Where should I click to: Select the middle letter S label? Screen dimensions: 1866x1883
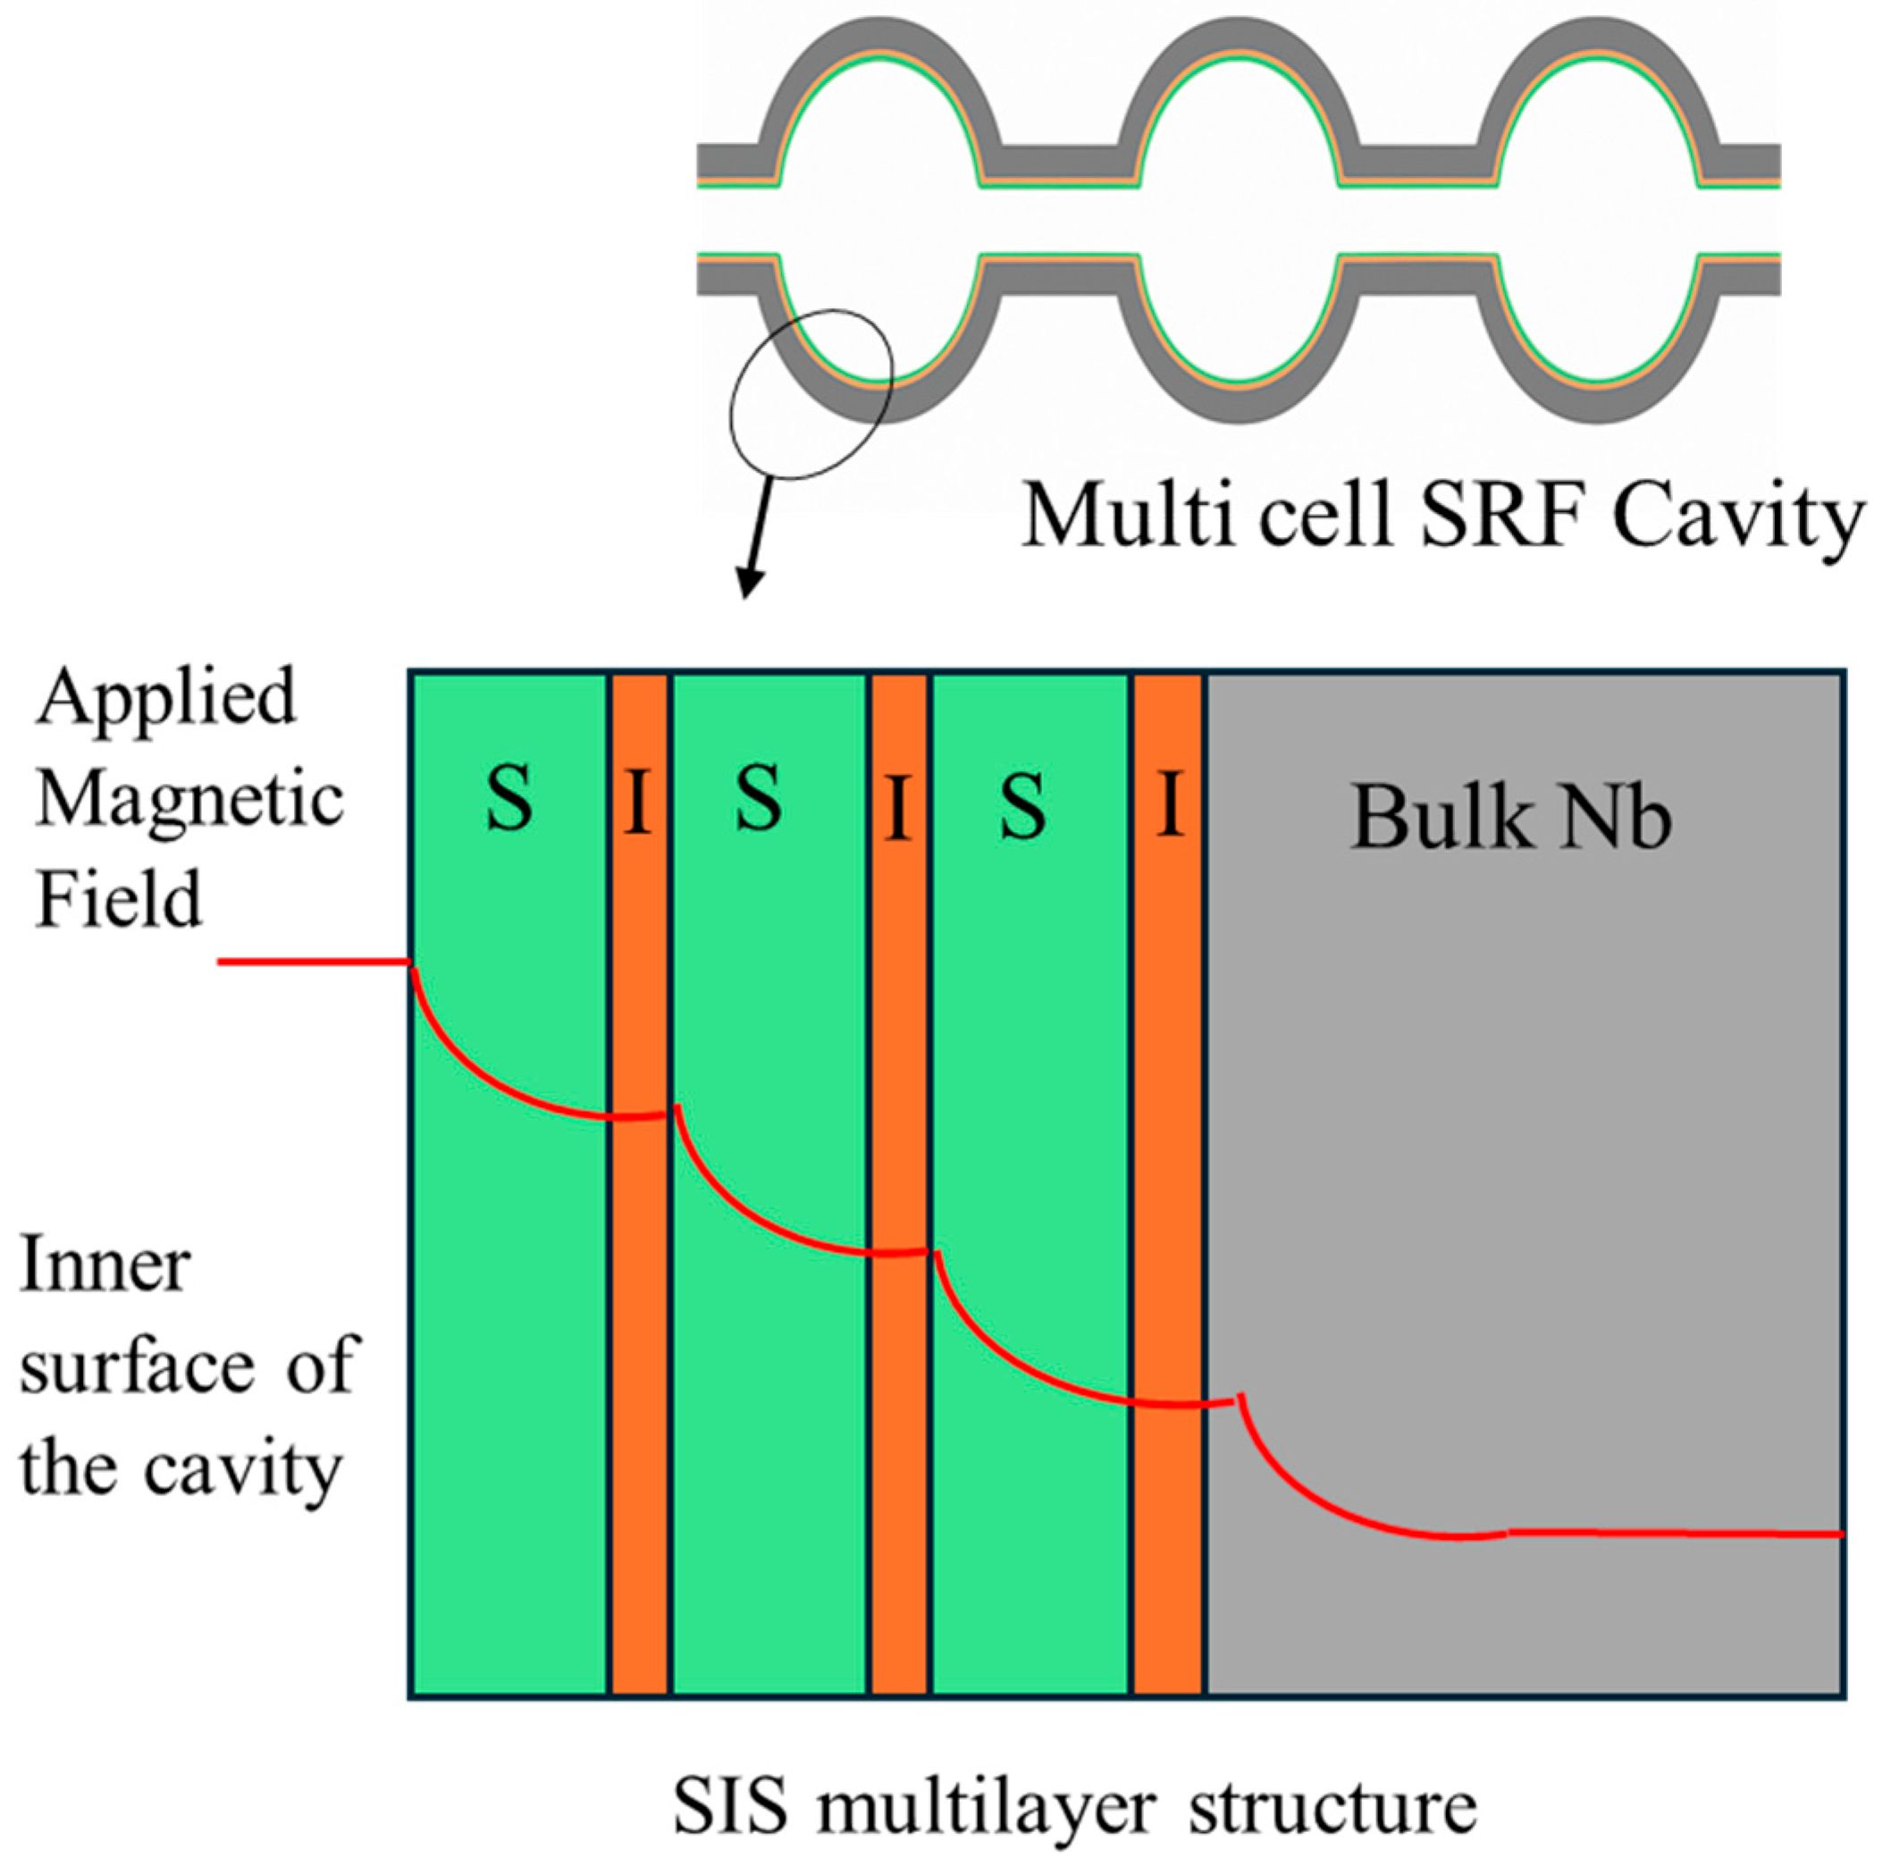click(758, 800)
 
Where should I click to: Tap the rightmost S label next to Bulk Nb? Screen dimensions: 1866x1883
click(1022, 807)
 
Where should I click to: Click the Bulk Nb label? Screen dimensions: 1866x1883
click(1509, 818)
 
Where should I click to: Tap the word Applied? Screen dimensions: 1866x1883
click(165, 696)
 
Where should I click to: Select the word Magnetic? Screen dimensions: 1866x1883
click(190, 799)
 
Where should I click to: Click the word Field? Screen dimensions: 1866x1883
click(119, 897)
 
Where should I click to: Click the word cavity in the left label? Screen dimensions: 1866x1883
click(244, 1468)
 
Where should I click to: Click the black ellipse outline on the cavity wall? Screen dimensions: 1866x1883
click(733, 409)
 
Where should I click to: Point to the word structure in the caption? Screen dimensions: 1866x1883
click(1332, 1808)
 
